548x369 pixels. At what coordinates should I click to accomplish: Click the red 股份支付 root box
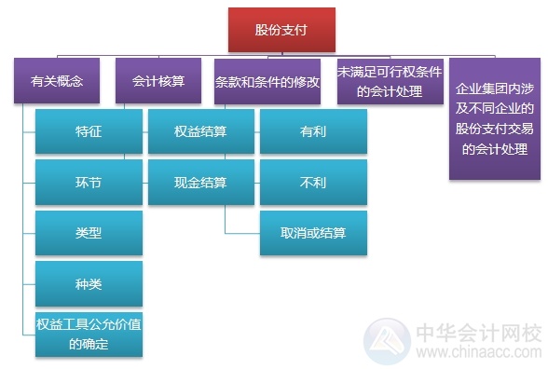(x=281, y=30)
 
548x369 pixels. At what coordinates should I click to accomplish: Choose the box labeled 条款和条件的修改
(x=267, y=81)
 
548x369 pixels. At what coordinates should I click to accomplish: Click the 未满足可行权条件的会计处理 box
(x=390, y=82)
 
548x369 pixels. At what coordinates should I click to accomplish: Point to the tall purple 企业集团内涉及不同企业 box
(x=495, y=119)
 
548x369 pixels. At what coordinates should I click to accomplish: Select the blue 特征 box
(x=89, y=132)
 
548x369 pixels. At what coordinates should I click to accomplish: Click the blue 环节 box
(x=89, y=183)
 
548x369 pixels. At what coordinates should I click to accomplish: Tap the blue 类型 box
(x=89, y=233)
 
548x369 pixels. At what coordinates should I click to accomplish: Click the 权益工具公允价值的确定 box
(x=89, y=334)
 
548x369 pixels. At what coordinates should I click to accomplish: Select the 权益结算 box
(x=200, y=132)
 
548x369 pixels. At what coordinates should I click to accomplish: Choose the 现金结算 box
(x=200, y=183)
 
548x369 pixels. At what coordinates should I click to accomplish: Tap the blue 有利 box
(x=313, y=132)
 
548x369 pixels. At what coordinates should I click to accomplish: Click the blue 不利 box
(x=313, y=183)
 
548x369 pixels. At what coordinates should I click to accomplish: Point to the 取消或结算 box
(x=313, y=233)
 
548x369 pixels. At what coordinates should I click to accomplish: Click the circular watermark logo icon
(x=386, y=339)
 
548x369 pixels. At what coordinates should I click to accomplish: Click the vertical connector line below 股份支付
(x=281, y=54)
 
